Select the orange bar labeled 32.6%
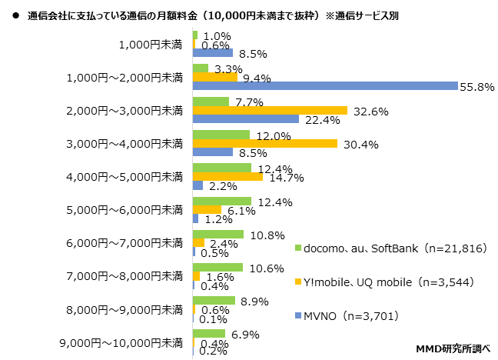270,110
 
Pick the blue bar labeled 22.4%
245,119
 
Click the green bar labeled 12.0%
221,135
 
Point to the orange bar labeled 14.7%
227,177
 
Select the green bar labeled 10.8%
217,234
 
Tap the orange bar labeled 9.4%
214,77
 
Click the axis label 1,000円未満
151,44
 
